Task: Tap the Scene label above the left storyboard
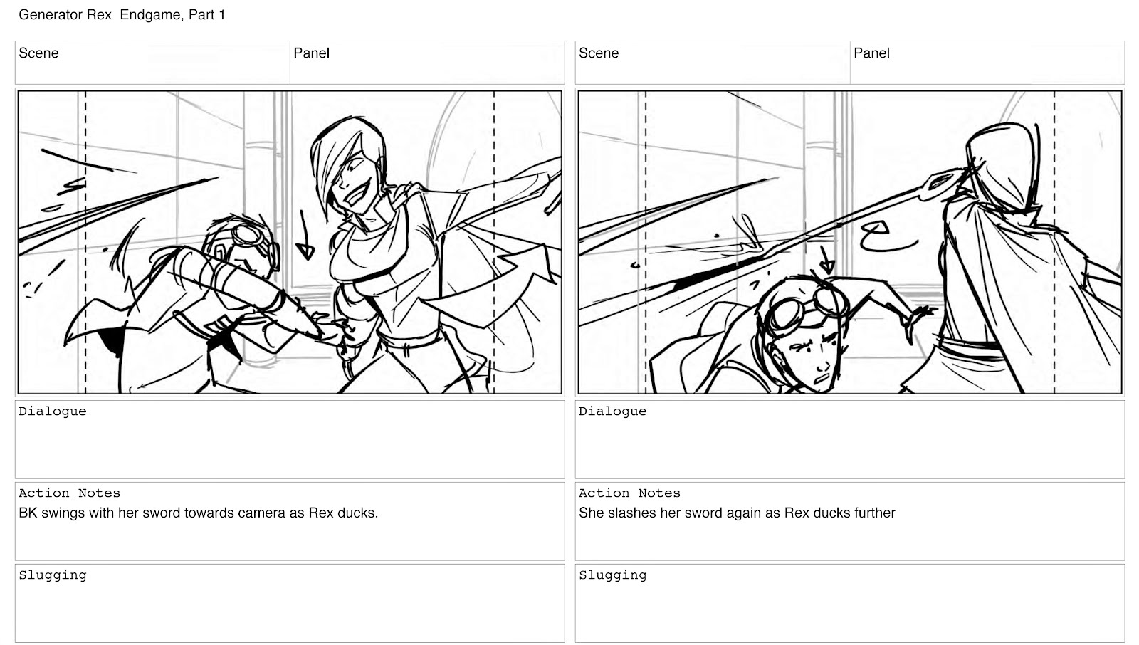pyautogui.click(x=38, y=53)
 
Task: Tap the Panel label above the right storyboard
pyautogui.click(x=871, y=53)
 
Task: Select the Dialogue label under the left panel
pyautogui.click(x=53, y=411)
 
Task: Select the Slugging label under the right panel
pyautogui.click(x=613, y=575)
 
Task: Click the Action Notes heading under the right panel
pyautogui.click(x=629, y=493)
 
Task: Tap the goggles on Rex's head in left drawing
pyautogui.click(x=252, y=238)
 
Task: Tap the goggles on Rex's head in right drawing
pyautogui.click(x=809, y=305)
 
